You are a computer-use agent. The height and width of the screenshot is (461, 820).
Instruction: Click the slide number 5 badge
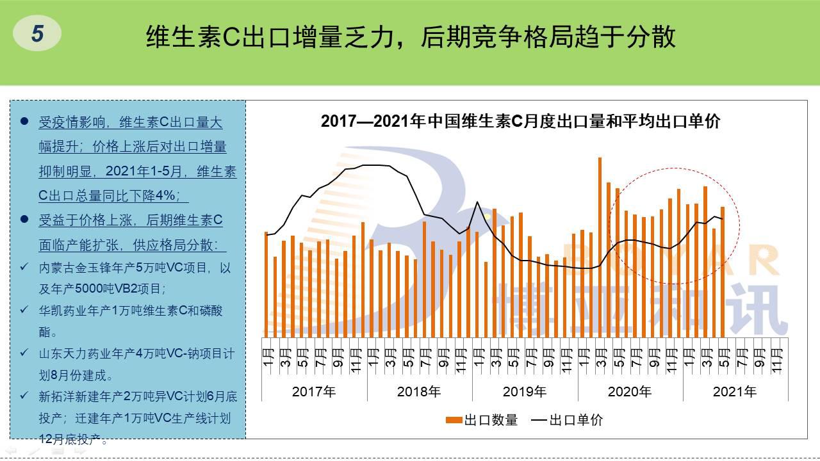[x=37, y=33]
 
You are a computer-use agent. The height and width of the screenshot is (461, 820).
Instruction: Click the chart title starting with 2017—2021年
[x=520, y=121]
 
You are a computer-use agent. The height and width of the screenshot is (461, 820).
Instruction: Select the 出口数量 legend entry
[x=482, y=420]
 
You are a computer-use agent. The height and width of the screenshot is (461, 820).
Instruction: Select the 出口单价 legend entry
[x=568, y=420]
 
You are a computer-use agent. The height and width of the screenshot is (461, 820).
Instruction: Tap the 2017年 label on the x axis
[x=314, y=391]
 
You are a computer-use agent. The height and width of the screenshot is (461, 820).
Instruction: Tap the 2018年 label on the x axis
[x=419, y=391]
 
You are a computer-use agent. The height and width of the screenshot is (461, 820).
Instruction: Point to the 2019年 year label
[x=525, y=391]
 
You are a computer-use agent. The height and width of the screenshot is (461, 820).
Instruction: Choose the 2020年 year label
[x=630, y=391]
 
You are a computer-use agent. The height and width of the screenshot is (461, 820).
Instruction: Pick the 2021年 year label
[x=735, y=391]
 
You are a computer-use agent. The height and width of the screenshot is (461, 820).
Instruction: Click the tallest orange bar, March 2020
[x=600, y=247]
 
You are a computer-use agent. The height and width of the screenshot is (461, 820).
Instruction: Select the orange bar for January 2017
[x=266, y=284]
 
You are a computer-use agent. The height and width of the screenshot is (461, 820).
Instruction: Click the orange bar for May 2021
[x=723, y=271]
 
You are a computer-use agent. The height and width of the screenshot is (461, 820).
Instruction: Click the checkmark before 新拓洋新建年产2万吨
[x=24, y=396]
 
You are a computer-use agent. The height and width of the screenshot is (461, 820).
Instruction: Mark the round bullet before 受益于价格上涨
[x=24, y=220]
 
